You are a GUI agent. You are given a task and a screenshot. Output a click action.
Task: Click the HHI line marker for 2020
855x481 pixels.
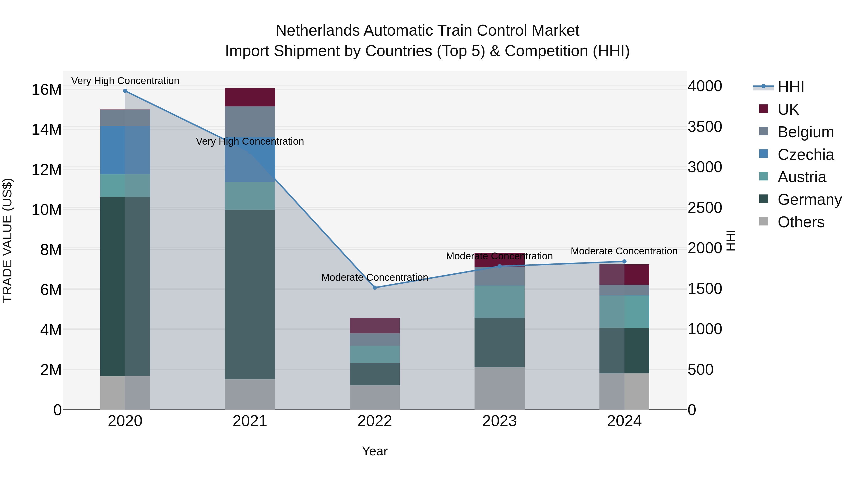click(x=125, y=91)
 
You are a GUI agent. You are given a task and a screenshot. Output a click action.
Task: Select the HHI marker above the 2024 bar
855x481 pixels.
click(x=624, y=262)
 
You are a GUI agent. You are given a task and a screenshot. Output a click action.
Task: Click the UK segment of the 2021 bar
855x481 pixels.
click(x=250, y=97)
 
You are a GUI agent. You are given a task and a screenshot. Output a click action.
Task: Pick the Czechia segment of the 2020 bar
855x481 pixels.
click(x=125, y=150)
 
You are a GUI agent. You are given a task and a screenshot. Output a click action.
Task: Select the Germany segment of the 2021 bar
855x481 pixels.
click(x=250, y=295)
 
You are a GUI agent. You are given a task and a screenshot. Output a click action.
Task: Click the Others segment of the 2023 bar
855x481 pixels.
click(x=499, y=388)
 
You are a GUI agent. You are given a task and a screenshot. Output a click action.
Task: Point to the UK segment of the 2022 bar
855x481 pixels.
click(x=375, y=326)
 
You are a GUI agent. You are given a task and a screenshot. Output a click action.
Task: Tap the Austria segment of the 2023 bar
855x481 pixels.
click(x=499, y=302)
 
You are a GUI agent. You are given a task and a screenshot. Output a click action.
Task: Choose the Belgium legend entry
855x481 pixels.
click(x=806, y=132)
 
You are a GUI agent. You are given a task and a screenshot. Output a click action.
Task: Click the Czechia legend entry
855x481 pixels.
click(x=806, y=155)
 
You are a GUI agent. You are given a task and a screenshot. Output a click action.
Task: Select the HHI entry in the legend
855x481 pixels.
click(x=791, y=87)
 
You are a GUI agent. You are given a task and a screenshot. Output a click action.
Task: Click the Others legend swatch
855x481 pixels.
click(x=763, y=221)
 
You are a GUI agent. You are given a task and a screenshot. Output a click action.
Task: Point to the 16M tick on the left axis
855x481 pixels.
click(x=47, y=90)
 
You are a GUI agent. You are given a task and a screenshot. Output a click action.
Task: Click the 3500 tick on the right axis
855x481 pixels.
click(x=705, y=127)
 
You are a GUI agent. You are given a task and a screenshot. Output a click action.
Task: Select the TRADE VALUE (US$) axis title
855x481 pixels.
click(x=7, y=240)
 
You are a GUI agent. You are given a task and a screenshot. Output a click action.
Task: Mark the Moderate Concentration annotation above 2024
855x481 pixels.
click(x=624, y=251)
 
